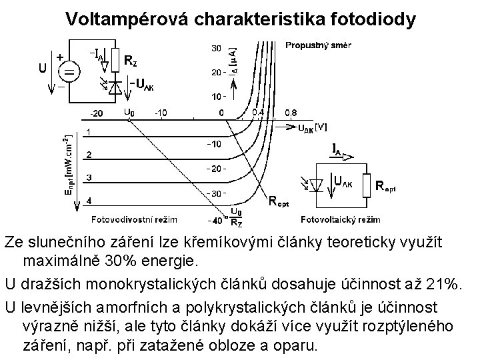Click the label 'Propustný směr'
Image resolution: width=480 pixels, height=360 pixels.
(x=319, y=45)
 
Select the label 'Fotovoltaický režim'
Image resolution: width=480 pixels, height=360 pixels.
(x=341, y=219)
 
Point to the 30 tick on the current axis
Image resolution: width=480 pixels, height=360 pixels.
(x=216, y=49)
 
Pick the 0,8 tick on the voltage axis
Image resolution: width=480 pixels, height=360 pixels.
(x=291, y=112)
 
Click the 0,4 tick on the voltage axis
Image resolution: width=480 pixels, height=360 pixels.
(x=257, y=112)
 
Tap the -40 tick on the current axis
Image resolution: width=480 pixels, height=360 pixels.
(x=215, y=219)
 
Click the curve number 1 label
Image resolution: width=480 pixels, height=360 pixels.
(x=89, y=132)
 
